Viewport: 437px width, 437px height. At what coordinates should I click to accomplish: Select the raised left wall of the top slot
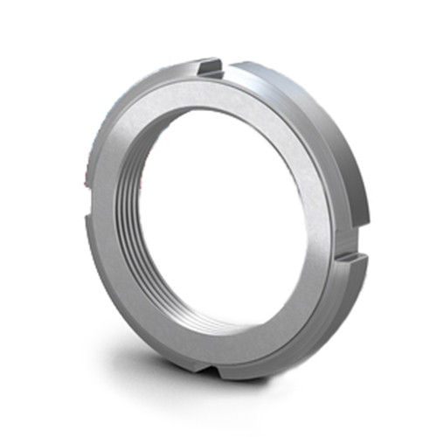pos(202,67)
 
